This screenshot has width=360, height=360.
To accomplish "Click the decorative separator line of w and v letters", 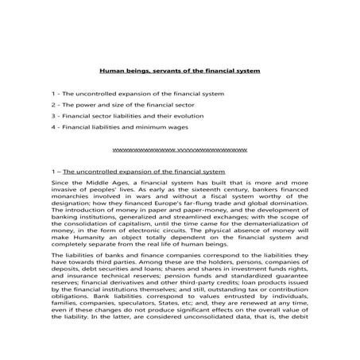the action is pos(180,149).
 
